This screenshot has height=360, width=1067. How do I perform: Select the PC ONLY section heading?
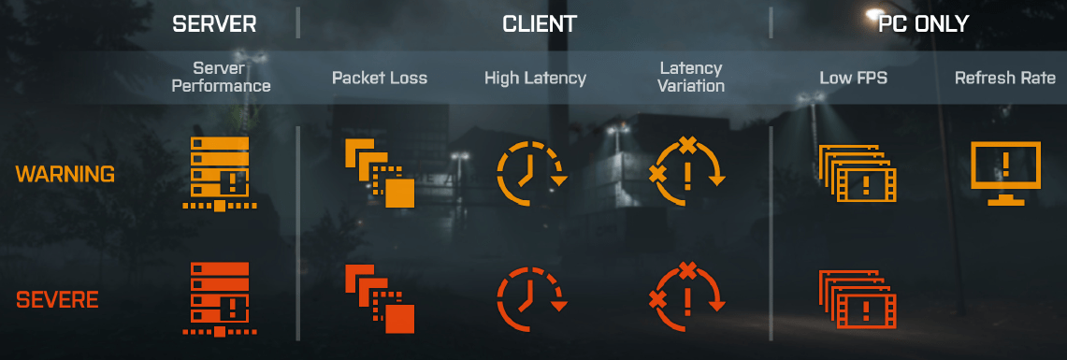point(922,23)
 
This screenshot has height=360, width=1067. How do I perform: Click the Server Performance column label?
point(219,78)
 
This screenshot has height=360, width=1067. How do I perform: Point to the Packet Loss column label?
point(380,78)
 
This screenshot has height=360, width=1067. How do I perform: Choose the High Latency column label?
point(535,78)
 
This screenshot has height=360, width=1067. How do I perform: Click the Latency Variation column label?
point(691,78)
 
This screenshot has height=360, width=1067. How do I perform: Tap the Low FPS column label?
point(853,78)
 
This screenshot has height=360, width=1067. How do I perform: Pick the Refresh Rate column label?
point(1004,78)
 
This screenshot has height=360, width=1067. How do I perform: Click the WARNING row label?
point(65,174)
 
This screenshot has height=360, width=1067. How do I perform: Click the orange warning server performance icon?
point(219,174)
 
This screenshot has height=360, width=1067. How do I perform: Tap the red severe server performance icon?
point(219,299)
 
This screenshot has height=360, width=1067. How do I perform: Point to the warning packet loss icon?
point(380,174)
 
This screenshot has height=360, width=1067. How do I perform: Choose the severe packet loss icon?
point(380,299)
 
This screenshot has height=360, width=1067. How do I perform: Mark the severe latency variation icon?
point(687,299)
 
